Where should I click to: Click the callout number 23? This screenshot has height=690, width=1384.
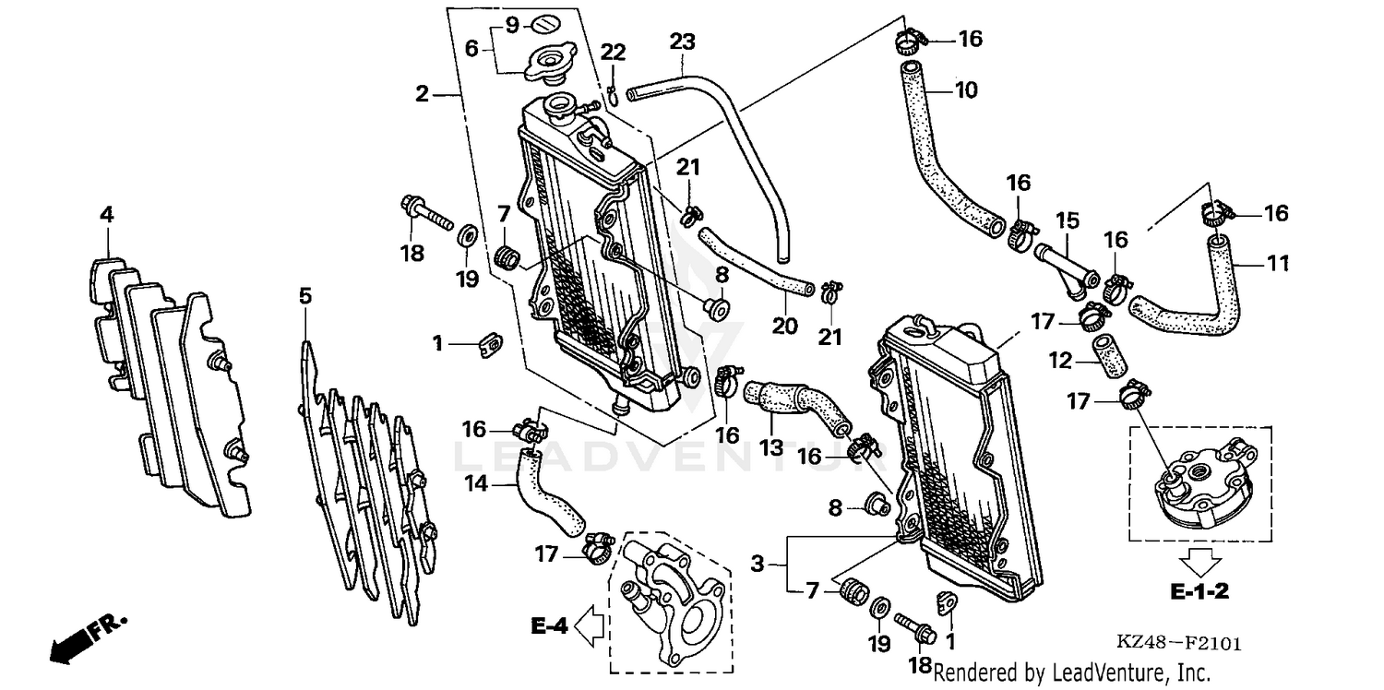tap(682, 42)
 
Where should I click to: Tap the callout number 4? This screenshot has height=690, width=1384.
tap(107, 215)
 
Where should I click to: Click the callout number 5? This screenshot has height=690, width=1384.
tap(305, 296)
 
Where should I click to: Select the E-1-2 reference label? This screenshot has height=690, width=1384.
tap(1199, 591)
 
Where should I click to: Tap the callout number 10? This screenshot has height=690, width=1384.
tap(965, 90)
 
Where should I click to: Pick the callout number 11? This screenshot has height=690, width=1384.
tap(1276, 264)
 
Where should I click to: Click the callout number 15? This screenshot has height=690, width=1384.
tap(1068, 221)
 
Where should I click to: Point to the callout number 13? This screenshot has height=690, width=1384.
tap(770, 447)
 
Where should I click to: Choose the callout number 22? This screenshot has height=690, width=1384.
tap(614, 54)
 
